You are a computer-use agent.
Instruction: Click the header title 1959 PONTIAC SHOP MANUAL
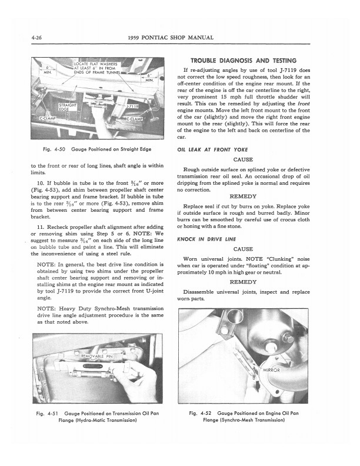tap(179, 39)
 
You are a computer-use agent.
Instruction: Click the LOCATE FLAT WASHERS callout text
tap(98, 64)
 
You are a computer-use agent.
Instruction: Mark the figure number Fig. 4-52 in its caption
tap(201, 415)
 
